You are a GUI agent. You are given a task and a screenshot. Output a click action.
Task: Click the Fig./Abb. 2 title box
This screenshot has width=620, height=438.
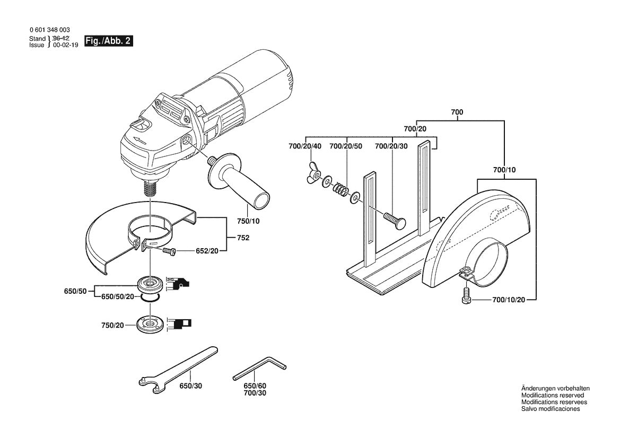click(108, 41)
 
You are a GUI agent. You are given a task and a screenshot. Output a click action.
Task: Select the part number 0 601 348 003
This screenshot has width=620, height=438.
click(49, 31)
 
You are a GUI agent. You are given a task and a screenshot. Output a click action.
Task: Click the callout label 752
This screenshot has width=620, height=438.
click(243, 238)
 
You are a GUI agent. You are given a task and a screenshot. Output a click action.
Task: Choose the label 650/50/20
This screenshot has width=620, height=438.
click(118, 297)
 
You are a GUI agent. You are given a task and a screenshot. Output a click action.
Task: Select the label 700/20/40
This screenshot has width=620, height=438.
click(304, 146)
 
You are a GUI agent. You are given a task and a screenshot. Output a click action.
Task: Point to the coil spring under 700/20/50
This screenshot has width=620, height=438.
click(339, 189)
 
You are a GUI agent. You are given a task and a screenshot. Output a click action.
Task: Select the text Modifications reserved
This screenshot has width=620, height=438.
click(552, 395)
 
